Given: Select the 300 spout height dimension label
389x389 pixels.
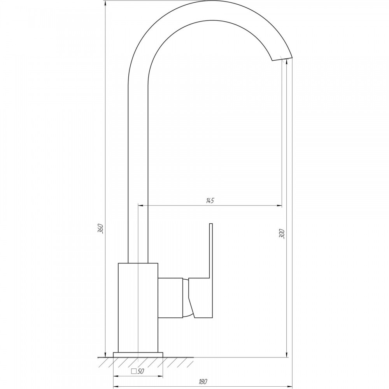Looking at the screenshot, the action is (x=282, y=234).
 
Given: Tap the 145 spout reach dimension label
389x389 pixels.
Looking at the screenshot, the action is (x=210, y=201).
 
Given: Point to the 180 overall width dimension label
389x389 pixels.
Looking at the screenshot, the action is (x=203, y=382).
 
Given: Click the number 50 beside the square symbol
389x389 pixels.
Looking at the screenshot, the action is (x=141, y=371).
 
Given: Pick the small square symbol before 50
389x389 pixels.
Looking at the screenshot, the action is (x=134, y=371).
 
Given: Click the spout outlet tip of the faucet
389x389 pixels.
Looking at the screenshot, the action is (x=282, y=59).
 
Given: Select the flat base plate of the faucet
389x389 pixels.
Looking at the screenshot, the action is (x=138, y=355).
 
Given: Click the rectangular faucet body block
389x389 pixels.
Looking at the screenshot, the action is (x=138, y=308).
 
